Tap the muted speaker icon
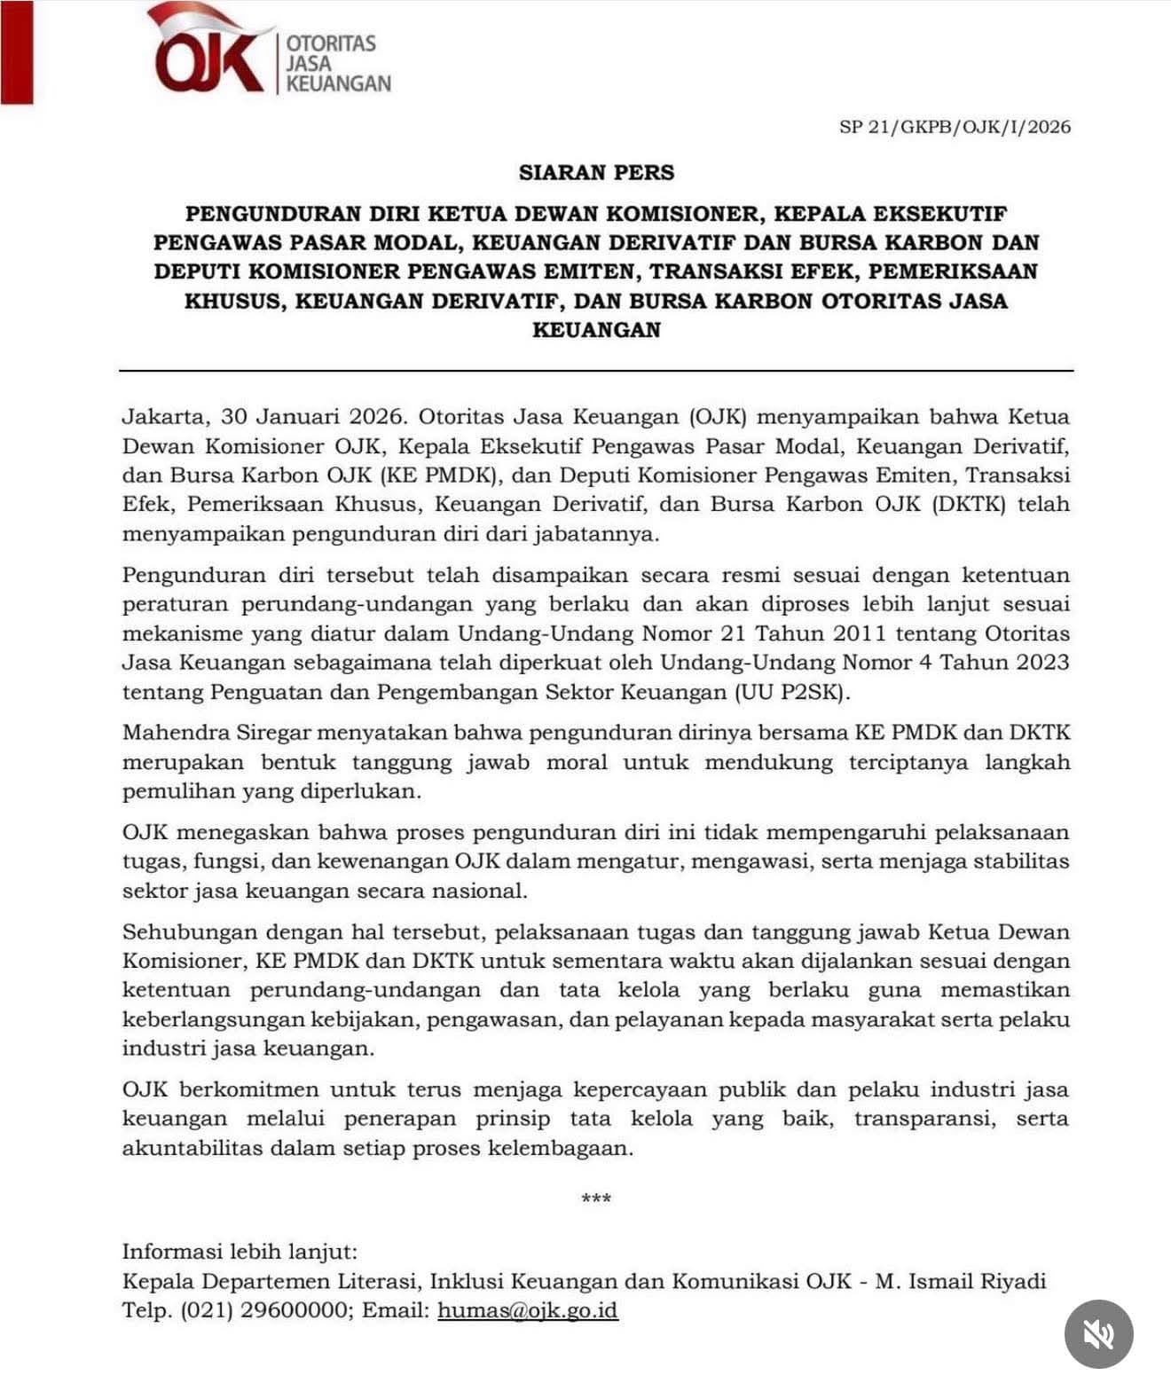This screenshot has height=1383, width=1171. [1098, 1333]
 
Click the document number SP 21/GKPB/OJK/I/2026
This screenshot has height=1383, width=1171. [955, 127]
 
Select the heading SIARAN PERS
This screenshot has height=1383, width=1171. [596, 172]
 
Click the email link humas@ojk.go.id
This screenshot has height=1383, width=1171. [527, 1310]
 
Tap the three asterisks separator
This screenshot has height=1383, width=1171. [596, 1200]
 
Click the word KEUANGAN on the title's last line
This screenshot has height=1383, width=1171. [596, 330]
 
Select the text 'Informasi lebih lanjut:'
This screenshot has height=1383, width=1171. [240, 1252]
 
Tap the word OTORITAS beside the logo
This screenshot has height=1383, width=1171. [331, 43]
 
